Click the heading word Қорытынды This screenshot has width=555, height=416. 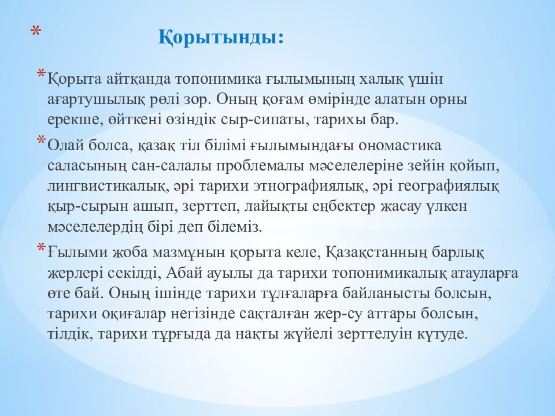click(221, 39)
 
